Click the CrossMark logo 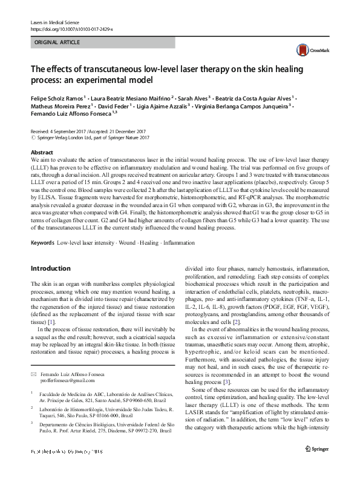click(x=309, y=51)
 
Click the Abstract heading click(x=42, y=153)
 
